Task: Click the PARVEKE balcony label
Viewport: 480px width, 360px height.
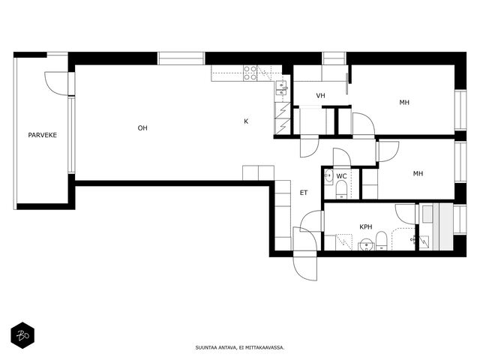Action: pyautogui.click(x=43, y=135)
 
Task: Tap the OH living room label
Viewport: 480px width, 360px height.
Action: pyautogui.click(x=142, y=128)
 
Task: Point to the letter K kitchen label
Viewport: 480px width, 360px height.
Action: pyautogui.click(x=246, y=121)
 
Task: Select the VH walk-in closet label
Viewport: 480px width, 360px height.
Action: pyautogui.click(x=320, y=96)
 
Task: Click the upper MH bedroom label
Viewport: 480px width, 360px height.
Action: pyautogui.click(x=404, y=103)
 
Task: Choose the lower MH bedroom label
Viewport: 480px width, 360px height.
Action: pyautogui.click(x=418, y=174)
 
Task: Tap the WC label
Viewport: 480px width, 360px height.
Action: pyautogui.click(x=342, y=176)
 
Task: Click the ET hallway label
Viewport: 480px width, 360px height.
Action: pyautogui.click(x=304, y=193)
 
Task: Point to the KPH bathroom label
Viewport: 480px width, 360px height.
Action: pyautogui.click(x=366, y=226)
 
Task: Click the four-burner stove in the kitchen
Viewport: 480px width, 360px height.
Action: pyautogui.click(x=250, y=73)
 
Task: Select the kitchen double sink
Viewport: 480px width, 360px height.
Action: pyautogui.click(x=282, y=88)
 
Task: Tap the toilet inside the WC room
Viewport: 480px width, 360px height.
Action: pyautogui.click(x=341, y=190)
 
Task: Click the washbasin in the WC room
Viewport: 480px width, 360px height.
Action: pyautogui.click(x=329, y=176)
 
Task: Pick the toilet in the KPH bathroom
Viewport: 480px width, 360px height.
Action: pyautogui.click(x=382, y=241)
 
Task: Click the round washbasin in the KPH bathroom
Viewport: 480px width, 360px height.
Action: pyautogui.click(x=367, y=245)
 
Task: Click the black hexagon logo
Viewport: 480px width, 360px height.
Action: pyautogui.click(x=22, y=335)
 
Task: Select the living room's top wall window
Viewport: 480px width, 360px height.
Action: pyautogui.click(x=181, y=58)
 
